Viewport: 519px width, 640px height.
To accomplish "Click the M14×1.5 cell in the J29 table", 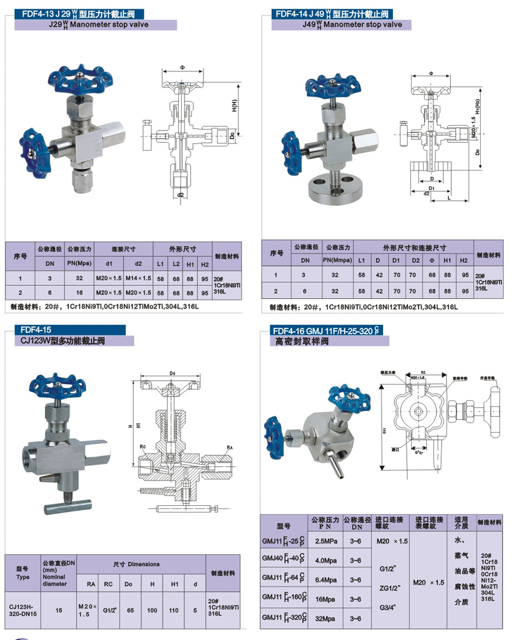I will click(x=139, y=277).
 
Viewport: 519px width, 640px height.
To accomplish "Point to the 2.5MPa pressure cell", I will click(x=326, y=541).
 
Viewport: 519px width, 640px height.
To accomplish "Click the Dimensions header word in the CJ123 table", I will click(x=144, y=564).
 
